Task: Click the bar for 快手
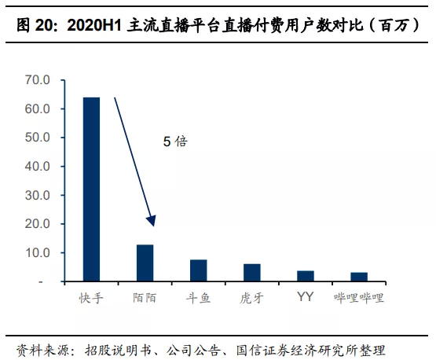click(x=92, y=189)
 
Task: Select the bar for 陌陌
click(x=145, y=263)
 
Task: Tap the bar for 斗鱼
click(x=198, y=270)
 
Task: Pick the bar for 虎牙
click(x=251, y=273)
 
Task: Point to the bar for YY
click(x=305, y=276)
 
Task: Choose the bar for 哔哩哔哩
click(x=358, y=277)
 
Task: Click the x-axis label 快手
click(x=91, y=299)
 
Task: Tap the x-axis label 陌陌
click(x=145, y=299)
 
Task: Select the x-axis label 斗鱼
click(x=198, y=299)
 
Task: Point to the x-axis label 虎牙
click(x=251, y=299)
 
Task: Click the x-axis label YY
click(x=305, y=297)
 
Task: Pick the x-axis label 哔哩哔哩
click(x=358, y=299)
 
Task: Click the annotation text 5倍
click(x=175, y=141)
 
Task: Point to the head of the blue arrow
click(x=153, y=224)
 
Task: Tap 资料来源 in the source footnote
click(x=44, y=347)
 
